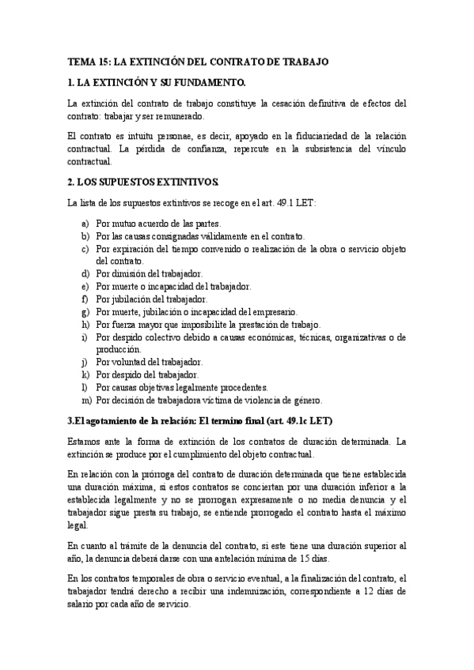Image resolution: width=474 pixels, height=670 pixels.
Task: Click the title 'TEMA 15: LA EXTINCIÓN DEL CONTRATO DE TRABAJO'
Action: (x=197, y=61)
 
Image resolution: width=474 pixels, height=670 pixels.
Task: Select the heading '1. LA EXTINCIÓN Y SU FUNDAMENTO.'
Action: (x=157, y=82)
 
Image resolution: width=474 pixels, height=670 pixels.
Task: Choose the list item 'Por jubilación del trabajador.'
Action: (x=152, y=299)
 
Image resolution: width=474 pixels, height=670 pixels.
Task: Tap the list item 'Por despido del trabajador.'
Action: (x=147, y=375)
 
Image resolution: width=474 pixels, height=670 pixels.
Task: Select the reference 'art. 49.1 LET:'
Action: (x=288, y=204)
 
